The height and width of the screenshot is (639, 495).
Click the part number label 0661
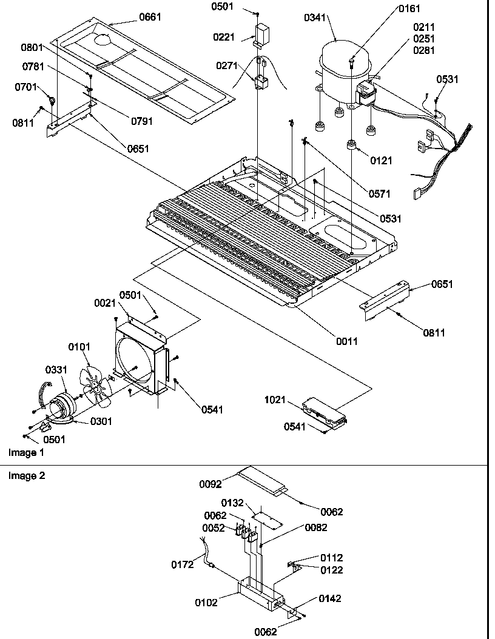coord(150,17)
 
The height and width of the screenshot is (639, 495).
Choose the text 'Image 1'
coord(26,452)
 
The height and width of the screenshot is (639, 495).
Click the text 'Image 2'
coord(26,475)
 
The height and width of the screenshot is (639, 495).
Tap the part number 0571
coord(379,194)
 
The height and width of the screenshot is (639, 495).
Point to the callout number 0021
coord(106,302)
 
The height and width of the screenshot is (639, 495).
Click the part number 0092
coord(210,484)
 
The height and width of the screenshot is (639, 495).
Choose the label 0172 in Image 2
coord(182,564)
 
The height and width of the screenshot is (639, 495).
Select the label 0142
coord(330,598)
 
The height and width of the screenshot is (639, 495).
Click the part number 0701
coord(26,87)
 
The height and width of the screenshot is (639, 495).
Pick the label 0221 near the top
coord(223,37)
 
